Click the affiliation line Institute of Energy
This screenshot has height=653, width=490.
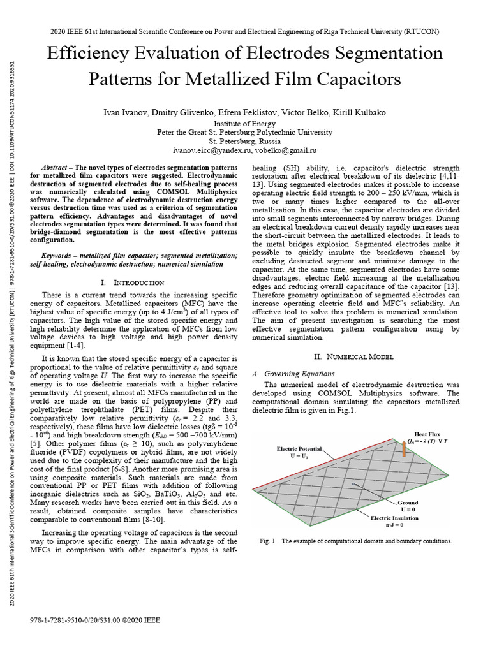[244, 124]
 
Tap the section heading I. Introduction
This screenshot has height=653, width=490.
[132, 282]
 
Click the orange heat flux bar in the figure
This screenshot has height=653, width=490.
[403, 450]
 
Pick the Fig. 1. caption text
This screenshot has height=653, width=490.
[355, 541]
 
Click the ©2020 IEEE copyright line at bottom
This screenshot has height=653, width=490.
[95, 620]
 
